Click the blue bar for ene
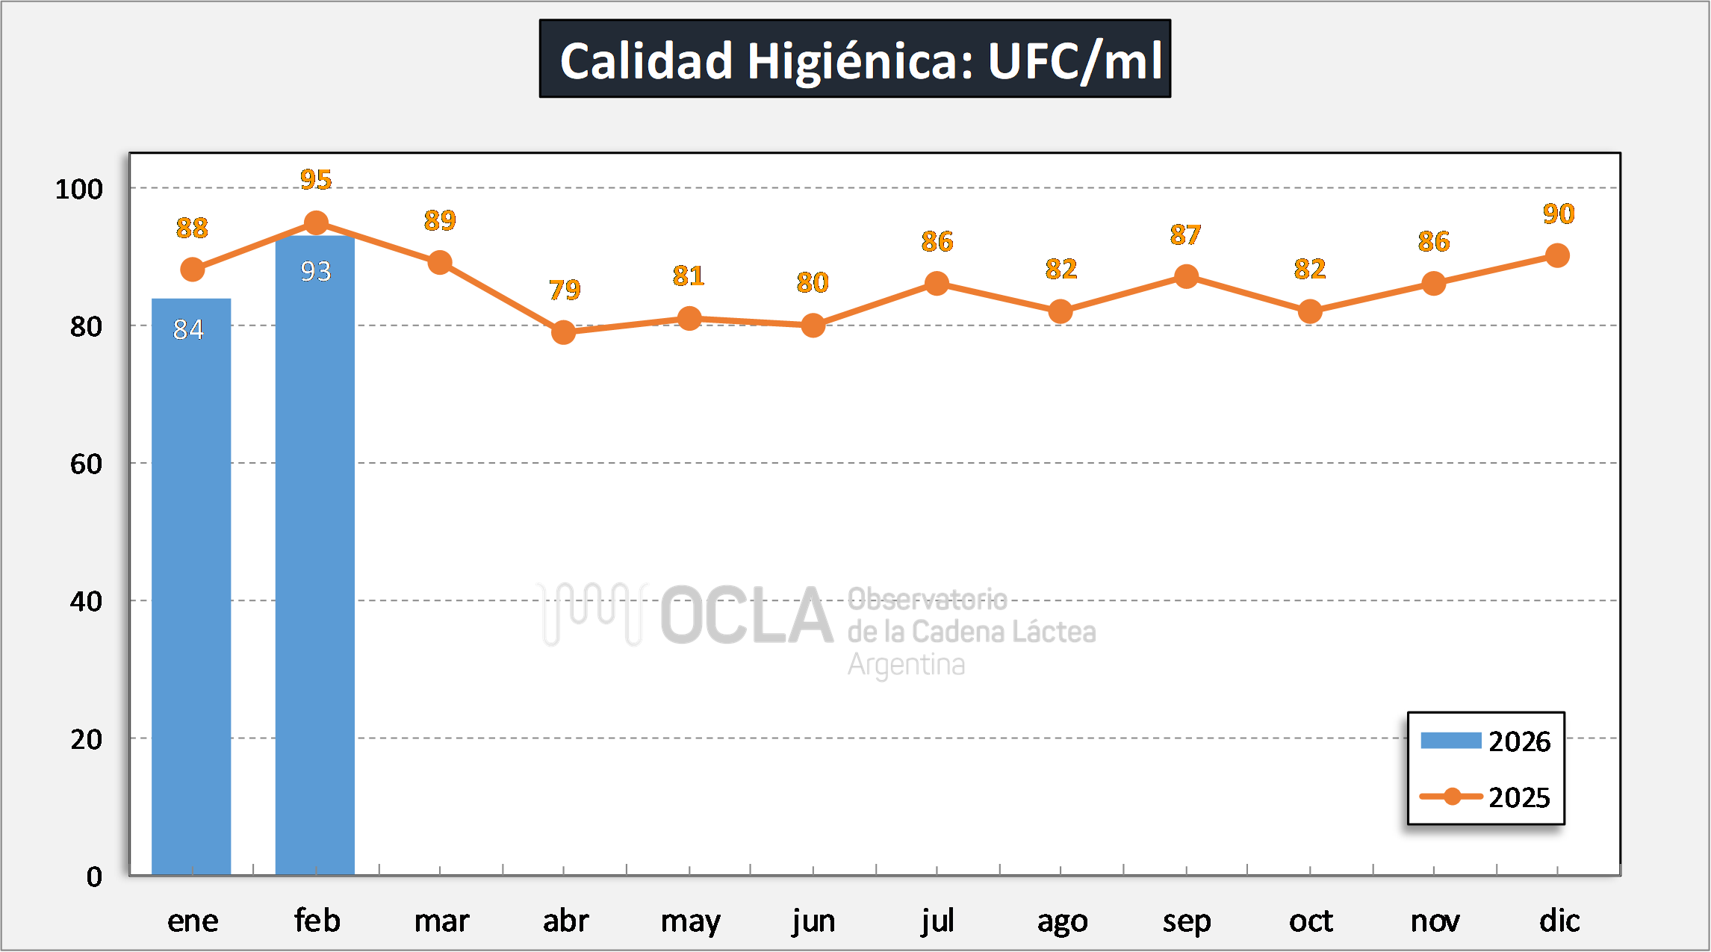[x=191, y=586]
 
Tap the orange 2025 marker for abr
[x=564, y=332]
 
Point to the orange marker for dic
[x=1557, y=256]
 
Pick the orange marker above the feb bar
[x=316, y=223]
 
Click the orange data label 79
[x=565, y=290]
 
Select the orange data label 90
[x=1559, y=214]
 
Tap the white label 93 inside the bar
[x=316, y=271]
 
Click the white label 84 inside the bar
[x=188, y=329]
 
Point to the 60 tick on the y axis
[x=86, y=464]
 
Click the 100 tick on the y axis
[x=79, y=189]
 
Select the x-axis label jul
[x=937, y=921]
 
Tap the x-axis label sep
[x=1186, y=921]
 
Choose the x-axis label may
[x=690, y=921]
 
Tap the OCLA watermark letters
[x=747, y=616]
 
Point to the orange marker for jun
[x=813, y=326]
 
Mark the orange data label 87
[x=1185, y=235]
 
